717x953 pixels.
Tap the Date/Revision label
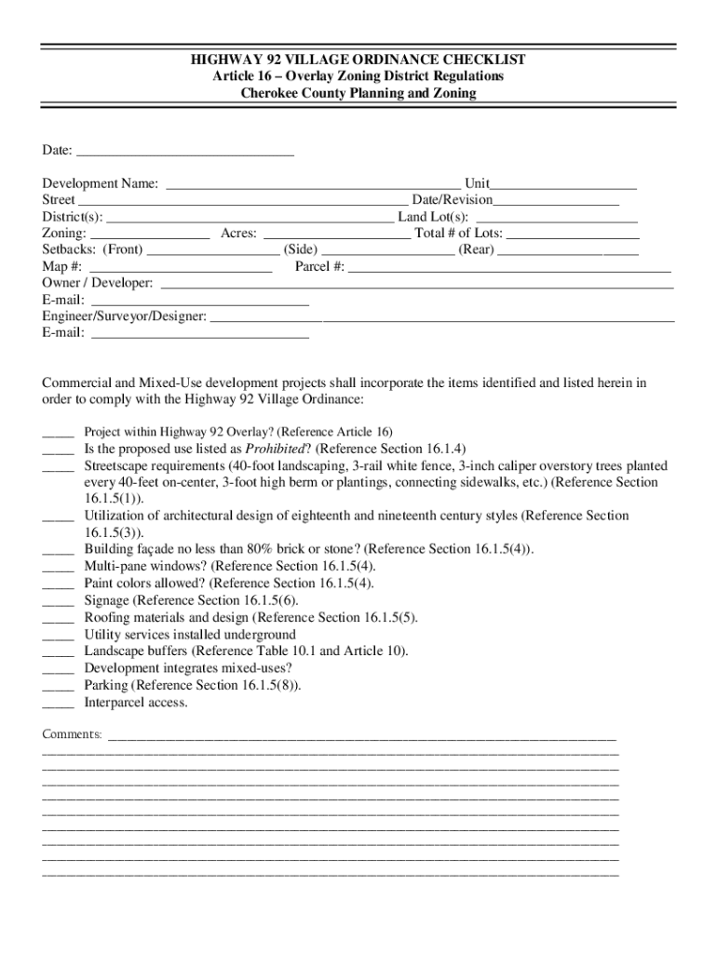pos(453,200)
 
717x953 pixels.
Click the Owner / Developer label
pos(97,284)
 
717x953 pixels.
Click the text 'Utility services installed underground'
pos(190,635)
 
